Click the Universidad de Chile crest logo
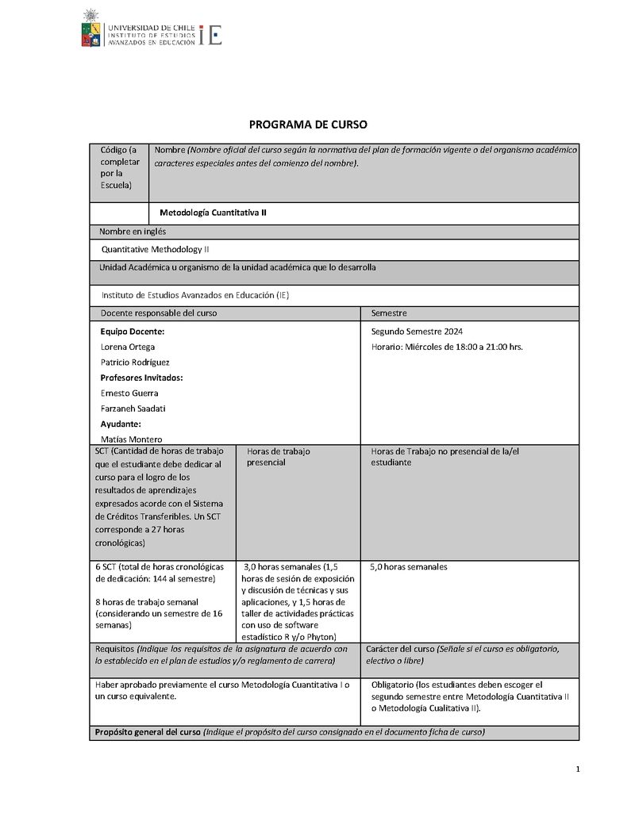click(92, 29)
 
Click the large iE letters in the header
click(210, 35)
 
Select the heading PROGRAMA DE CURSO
click(309, 125)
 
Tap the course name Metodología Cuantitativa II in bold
click(218, 213)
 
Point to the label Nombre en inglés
click(133, 232)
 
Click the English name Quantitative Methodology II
click(156, 249)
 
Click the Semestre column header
click(389, 313)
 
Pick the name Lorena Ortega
click(128, 347)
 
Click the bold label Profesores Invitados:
click(142, 378)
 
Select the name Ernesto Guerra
click(129, 393)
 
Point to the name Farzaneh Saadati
click(133, 409)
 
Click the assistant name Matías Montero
click(132, 439)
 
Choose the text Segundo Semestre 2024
click(417, 332)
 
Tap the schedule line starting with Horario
click(447, 347)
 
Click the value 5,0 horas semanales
click(409, 567)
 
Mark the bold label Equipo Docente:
click(133, 332)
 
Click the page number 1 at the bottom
click(578, 769)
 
